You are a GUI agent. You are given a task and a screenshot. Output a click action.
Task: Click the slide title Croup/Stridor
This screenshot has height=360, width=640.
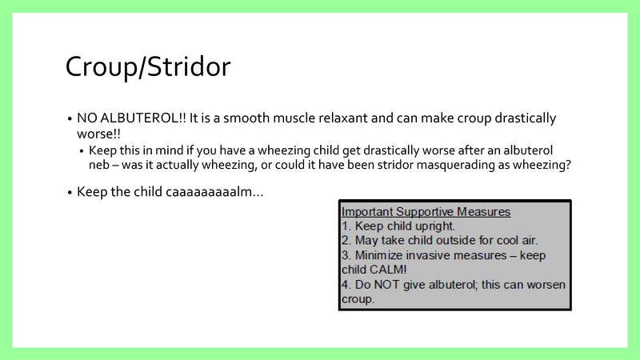[x=148, y=66]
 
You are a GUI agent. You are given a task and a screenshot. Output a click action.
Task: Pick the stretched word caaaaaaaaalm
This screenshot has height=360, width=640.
[x=212, y=192]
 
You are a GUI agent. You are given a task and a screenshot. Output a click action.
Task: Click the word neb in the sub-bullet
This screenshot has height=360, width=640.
[x=99, y=165]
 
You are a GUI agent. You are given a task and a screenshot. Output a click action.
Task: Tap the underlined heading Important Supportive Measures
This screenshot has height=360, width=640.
[x=426, y=212]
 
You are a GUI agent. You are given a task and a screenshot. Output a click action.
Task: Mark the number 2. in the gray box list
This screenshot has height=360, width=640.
[x=346, y=241]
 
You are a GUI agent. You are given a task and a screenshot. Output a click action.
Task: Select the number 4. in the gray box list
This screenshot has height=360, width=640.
[x=346, y=286]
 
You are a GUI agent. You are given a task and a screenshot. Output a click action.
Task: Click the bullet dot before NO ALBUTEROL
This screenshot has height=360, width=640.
[x=70, y=118]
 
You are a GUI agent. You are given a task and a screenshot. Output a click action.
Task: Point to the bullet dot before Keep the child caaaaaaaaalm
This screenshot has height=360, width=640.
[x=70, y=193]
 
